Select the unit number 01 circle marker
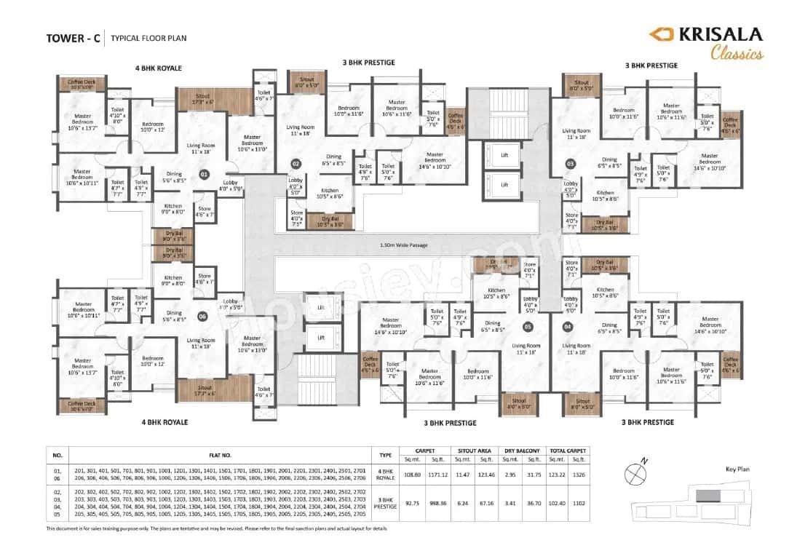point(205,175)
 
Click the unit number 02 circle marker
point(296,164)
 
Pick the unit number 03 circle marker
point(570,164)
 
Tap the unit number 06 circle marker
point(202,316)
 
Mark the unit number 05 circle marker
point(528,326)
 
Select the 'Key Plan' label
point(737,470)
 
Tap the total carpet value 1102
point(579,502)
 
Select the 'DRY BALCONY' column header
point(519,451)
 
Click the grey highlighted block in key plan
point(707,496)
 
